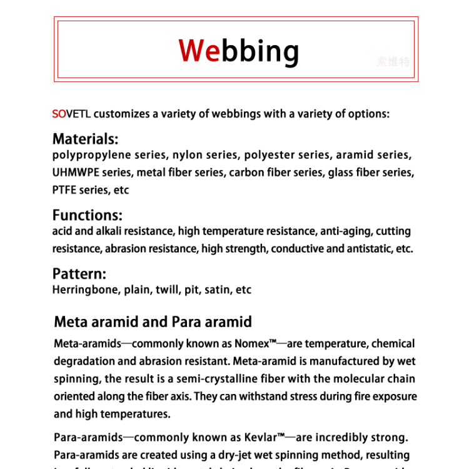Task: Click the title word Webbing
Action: pos(238,51)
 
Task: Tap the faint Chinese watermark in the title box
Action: pos(393,62)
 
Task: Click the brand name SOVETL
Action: pos(71,114)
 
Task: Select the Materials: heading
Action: pos(85,139)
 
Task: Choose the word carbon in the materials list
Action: pos(247,173)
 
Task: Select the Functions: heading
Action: pos(87,215)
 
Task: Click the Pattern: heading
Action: pos(79,274)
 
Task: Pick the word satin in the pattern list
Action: pos(218,290)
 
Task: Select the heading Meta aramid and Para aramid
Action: pos(153,322)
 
